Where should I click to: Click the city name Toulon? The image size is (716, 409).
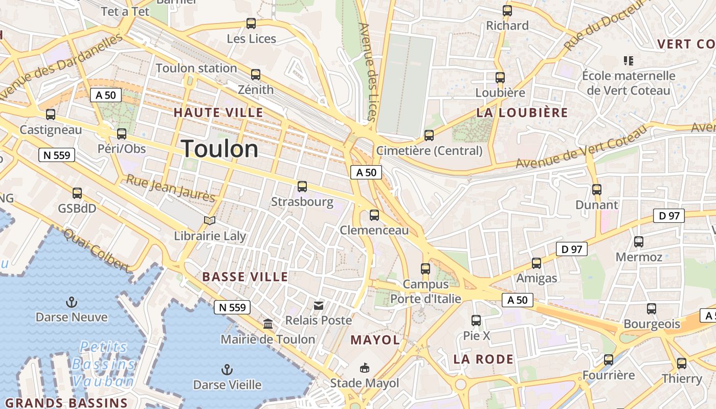[x=220, y=149]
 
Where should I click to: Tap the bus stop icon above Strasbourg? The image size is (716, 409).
[x=302, y=187]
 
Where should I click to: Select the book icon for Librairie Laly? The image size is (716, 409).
[x=210, y=220]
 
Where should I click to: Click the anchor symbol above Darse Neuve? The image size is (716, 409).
[x=72, y=302]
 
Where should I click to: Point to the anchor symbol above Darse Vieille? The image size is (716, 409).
[x=227, y=369]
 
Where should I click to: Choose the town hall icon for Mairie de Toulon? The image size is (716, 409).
[x=268, y=324]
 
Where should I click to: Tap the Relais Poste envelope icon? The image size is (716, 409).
[x=319, y=306]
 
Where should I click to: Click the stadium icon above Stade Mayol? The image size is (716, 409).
[x=365, y=368]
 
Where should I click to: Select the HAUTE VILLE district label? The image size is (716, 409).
[x=218, y=112]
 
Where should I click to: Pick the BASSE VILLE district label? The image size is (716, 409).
[x=245, y=277]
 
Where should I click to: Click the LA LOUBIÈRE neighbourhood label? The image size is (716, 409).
[x=522, y=112]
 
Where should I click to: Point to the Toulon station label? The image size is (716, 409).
[x=196, y=68]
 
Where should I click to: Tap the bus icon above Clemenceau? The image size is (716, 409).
[x=374, y=215]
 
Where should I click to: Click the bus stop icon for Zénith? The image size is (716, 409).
[x=256, y=75]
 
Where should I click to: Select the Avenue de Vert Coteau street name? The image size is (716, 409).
[x=581, y=148]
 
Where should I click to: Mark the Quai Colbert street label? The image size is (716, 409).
[x=96, y=250]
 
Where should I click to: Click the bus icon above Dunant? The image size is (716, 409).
[x=596, y=190]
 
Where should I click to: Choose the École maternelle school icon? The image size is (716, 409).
[x=629, y=61]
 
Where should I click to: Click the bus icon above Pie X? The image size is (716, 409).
[x=476, y=321]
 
